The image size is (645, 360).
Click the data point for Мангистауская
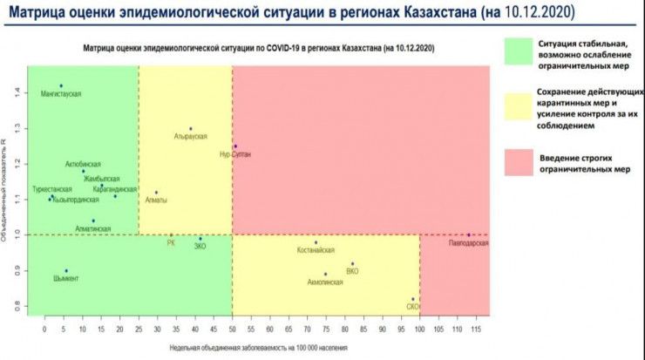61,85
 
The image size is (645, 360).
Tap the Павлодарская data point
468,234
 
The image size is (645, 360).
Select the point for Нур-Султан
234,146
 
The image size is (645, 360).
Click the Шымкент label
65,279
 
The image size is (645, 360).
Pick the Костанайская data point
316,242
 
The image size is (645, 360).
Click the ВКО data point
353,263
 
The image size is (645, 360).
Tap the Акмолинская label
325,282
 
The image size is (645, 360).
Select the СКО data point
413,300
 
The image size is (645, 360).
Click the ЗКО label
200,247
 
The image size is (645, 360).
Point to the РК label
171,243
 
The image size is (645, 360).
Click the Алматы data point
157,193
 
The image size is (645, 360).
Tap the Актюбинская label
83,164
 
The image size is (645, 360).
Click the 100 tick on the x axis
419,330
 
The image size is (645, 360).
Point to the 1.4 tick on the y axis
16,92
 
